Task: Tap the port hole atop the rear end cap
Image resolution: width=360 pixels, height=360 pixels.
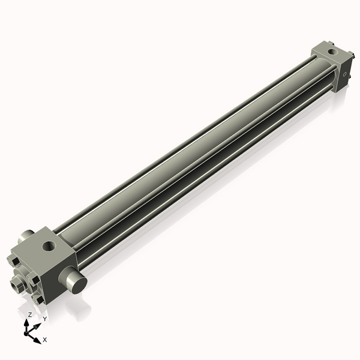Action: [332, 52]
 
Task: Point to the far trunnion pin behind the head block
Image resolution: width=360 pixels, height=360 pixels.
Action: [26, 236]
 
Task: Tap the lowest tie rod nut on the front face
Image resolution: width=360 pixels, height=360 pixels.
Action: [40, 299]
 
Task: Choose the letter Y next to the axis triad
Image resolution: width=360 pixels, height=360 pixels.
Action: [44, 319]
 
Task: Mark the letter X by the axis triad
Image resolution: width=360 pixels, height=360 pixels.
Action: [45, 340]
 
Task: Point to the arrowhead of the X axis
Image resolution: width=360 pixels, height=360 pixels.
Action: [39, 338]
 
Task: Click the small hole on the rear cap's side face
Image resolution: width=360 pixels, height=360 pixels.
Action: [344, 76]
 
